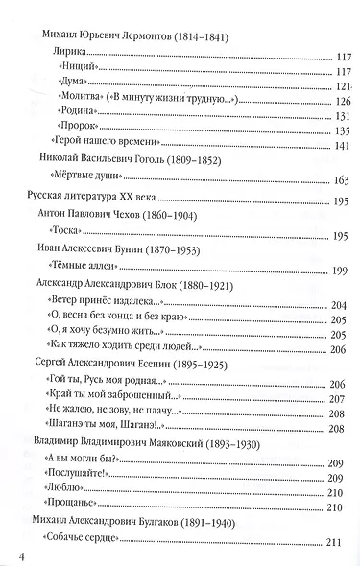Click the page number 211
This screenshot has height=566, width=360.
tap(335, 545)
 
